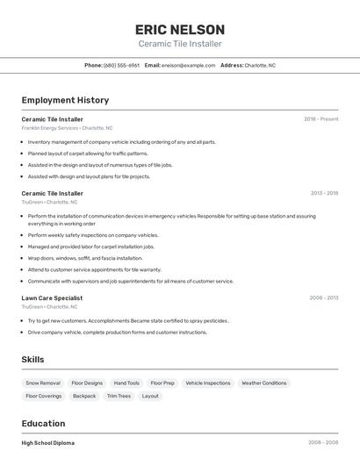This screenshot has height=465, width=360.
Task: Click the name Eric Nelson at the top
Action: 180,29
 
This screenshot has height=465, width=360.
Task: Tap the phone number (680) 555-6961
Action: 121,65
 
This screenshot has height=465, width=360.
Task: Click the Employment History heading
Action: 65,100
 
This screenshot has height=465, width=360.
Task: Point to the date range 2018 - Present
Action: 320,118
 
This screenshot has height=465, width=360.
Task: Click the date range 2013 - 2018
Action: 324,193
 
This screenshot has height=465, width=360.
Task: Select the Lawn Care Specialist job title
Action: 52,297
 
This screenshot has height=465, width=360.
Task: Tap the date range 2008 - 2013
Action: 324,297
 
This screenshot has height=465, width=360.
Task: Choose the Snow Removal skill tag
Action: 43,383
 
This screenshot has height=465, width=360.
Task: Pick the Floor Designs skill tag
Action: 87,383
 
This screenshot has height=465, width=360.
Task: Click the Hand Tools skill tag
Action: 126,383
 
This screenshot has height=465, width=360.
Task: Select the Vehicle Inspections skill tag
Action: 207,383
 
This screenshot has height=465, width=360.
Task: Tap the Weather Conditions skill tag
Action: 263,383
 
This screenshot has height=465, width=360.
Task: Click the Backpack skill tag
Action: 84,396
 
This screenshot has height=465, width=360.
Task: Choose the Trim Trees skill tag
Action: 119,396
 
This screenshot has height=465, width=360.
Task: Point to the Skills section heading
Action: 32,360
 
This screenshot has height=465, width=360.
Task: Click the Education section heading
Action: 43,423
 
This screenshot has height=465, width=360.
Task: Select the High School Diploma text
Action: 48,443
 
